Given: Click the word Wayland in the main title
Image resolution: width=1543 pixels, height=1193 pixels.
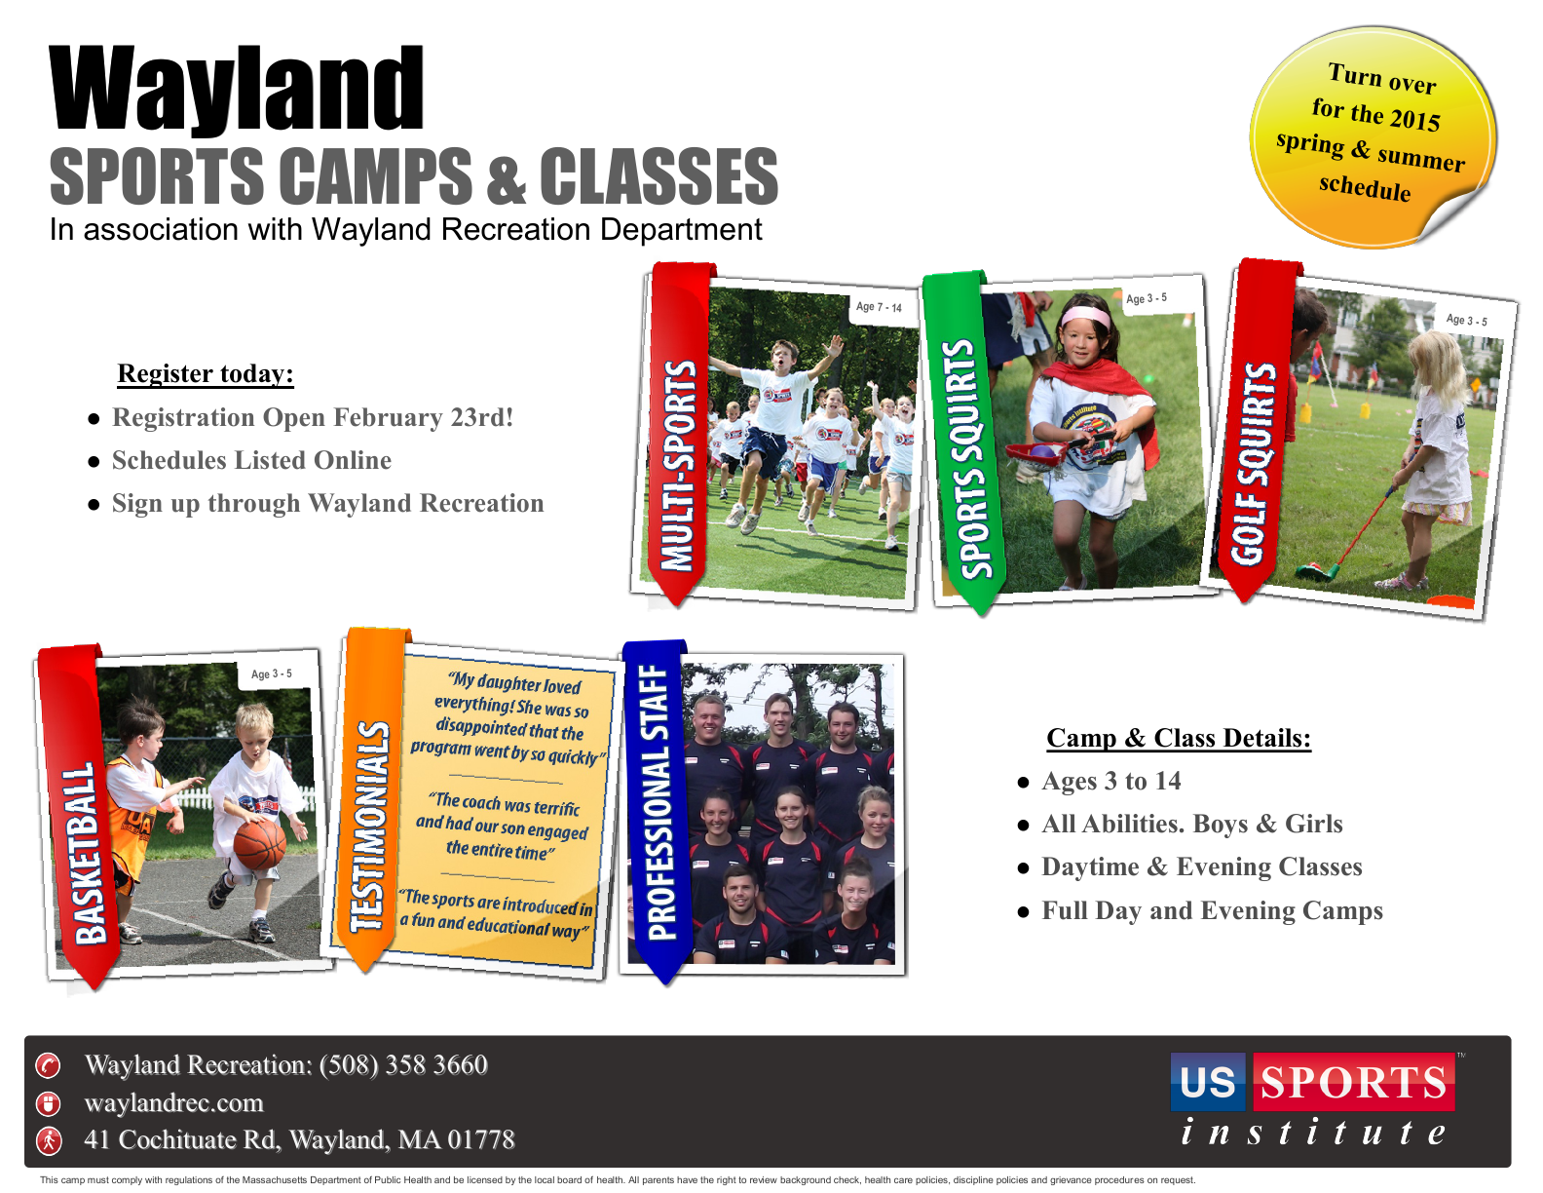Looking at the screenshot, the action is (237, 88).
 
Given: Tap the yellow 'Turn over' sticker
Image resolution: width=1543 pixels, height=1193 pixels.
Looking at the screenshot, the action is (1374, 136).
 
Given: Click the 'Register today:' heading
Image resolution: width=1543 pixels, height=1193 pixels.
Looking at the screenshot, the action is (206, 373).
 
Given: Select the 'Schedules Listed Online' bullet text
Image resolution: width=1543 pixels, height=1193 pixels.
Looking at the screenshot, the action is (251, 460).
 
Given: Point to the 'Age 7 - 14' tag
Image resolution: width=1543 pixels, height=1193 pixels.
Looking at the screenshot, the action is (879, 307).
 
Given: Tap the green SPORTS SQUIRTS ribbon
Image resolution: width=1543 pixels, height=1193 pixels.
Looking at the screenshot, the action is (965, 441).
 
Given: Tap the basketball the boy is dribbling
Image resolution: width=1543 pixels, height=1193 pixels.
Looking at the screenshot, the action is (260, 844).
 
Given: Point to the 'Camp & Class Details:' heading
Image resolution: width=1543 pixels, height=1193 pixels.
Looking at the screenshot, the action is (1179, 738).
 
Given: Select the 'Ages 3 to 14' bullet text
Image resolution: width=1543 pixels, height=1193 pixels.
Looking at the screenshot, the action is (1111, 781).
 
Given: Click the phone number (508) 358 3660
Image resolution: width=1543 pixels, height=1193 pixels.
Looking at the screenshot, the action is (403, 1064).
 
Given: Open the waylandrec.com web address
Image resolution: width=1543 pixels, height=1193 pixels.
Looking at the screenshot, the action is (174, 1102).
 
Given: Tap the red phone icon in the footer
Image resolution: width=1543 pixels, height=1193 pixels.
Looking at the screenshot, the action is (49, 1066).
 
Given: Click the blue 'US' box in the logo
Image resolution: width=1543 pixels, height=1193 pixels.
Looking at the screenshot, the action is (1208, 1082).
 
